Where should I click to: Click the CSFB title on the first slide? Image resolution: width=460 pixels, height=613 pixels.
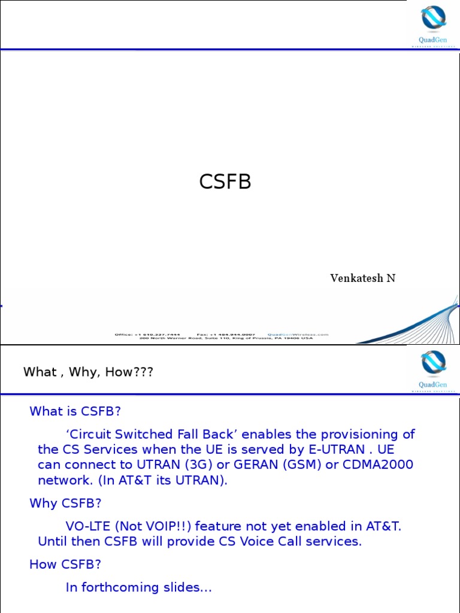coord(225,181)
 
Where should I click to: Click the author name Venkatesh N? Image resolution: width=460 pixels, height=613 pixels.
coord(362,278)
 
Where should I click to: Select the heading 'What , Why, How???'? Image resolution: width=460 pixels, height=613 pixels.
coord(88,372)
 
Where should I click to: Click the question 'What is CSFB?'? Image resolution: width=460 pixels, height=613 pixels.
coord(75,411)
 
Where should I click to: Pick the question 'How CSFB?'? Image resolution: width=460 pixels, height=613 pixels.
coord(65,565)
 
